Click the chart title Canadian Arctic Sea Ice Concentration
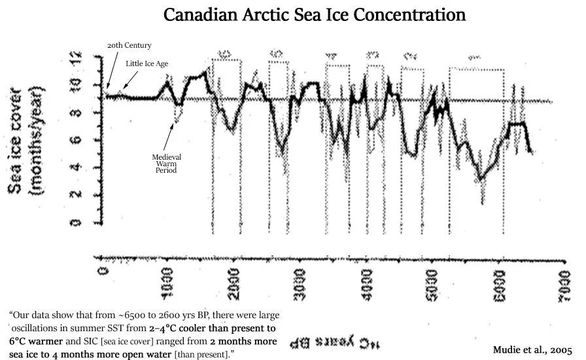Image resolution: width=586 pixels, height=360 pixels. [x=314, y=15]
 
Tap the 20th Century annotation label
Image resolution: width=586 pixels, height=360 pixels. [x=129, y=45]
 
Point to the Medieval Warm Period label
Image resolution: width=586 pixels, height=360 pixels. [x=166, y=164]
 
